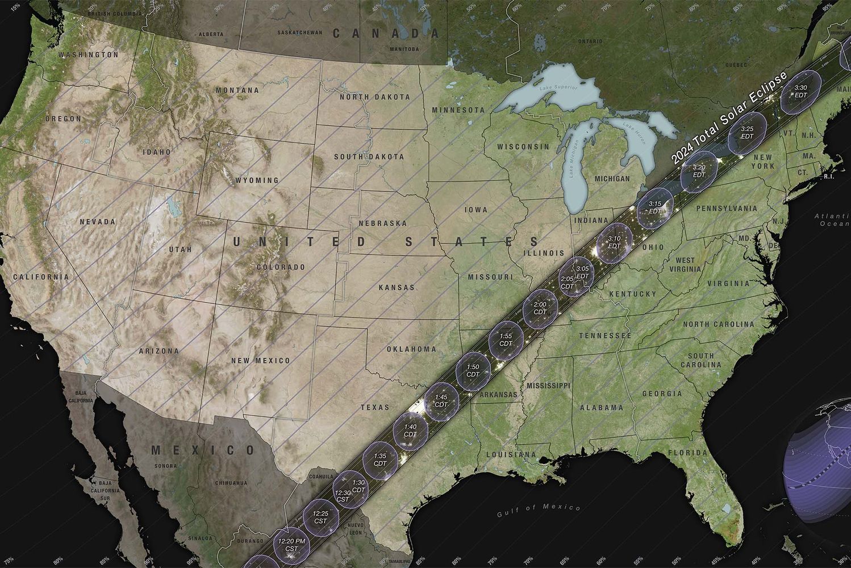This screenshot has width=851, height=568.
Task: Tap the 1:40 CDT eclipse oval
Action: pyautogui.click(x=410, y=430)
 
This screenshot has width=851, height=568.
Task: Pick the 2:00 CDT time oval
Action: pyautogui.click(x=540, y=308)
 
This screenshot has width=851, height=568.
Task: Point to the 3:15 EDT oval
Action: pyautogui.click(x=655, y=207)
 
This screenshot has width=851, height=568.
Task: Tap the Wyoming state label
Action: pyautogui.click(x=257, y=180)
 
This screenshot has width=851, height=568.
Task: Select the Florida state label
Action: pyautogui.click(x=687, y=453)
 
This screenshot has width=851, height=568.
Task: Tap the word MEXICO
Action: pyautogui.click(x=203, y=450)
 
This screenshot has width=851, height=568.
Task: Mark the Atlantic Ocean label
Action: pyautogui.click(x=832, y=220)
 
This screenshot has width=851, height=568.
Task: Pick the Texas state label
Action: pyautogui.click(x=375, y=407)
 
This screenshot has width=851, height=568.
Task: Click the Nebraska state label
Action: pyautogui.click(x=382, y=223)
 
